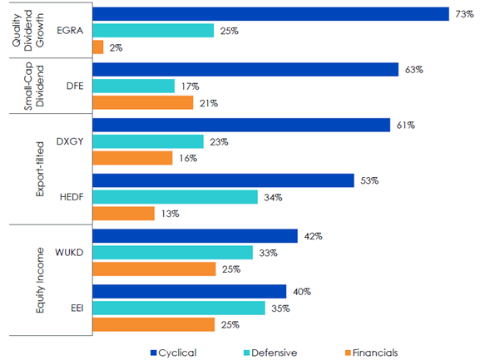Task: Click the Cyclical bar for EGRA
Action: tap(270, 14)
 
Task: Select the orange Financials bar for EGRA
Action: tap(98, 47)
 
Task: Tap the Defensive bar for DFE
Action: tap(134, 86)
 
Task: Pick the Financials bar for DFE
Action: tap(143, 102)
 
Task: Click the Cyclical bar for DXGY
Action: tap(241, 125)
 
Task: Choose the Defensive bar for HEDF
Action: tap(175, 197)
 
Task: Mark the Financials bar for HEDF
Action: tap(123, 214)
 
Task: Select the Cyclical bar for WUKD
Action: tap(195, 236)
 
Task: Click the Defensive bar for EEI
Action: tap(179, 308)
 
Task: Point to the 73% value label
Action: tap(464, 14)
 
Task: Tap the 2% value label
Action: tap(116, 47)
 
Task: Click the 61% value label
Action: tap(406, 126)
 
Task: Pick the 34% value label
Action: tap(273, 197)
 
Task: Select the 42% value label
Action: tap(314, 236)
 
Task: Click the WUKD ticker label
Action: tap(69, 253)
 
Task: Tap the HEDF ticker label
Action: tap(72, 197)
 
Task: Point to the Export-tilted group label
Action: tap(40, 169)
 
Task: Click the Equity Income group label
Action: tap(40, 280)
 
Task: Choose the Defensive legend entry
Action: tap(270, 353)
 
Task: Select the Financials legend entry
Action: tap(372, 353)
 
